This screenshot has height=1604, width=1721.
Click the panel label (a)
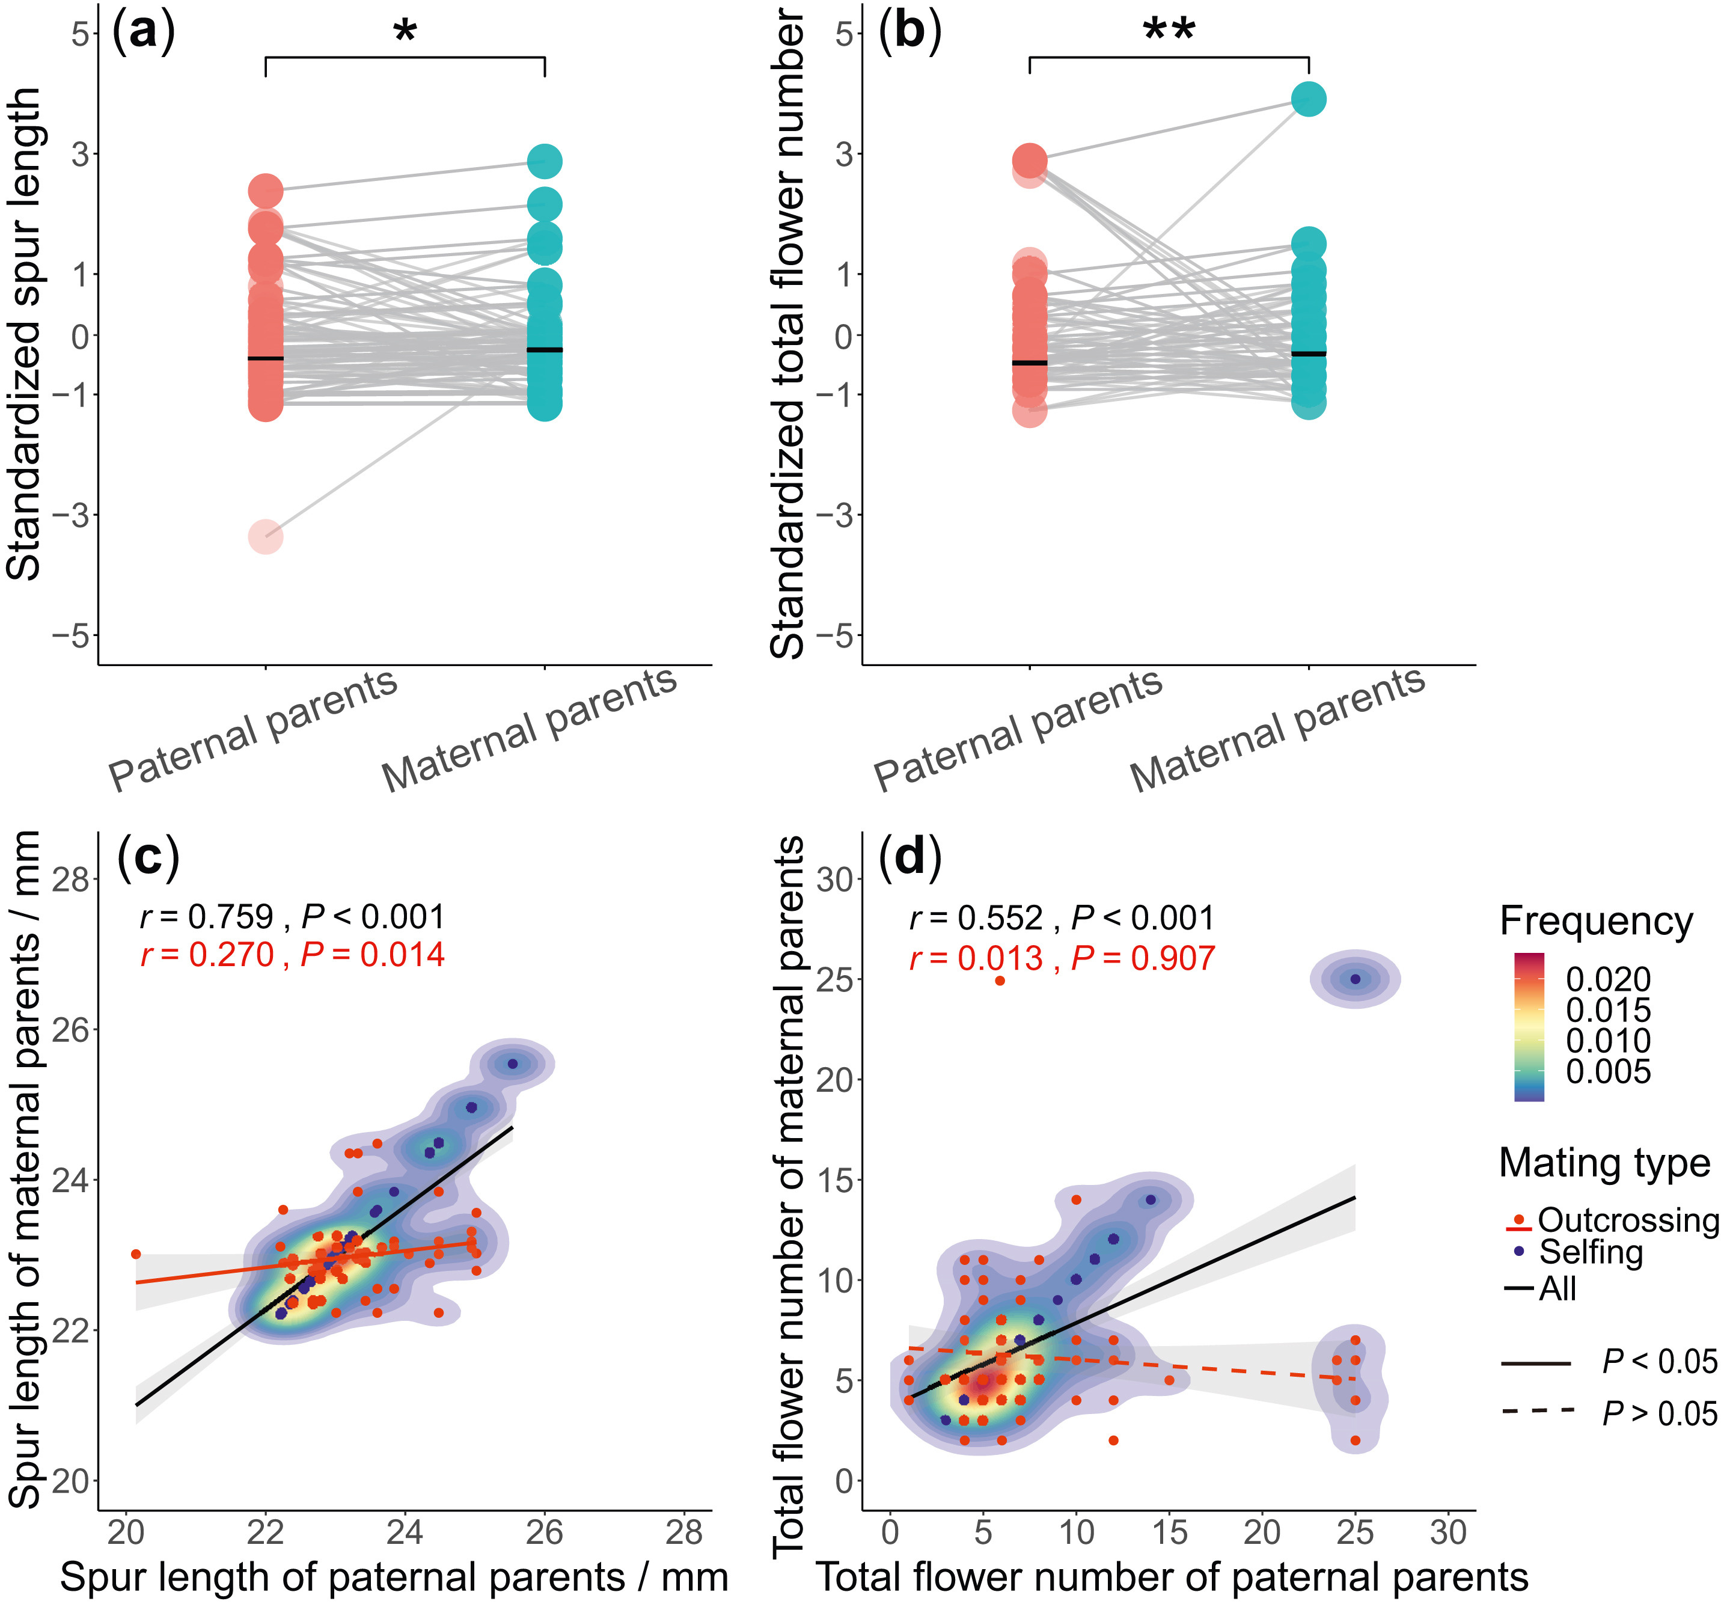144,32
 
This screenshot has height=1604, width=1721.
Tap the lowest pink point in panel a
266,537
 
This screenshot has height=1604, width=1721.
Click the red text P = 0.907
1143,958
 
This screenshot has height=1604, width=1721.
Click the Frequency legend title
1595,920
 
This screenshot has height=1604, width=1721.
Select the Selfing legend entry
1591,1252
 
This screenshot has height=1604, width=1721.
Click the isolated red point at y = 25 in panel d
1000,981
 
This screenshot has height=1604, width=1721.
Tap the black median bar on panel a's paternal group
266,358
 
